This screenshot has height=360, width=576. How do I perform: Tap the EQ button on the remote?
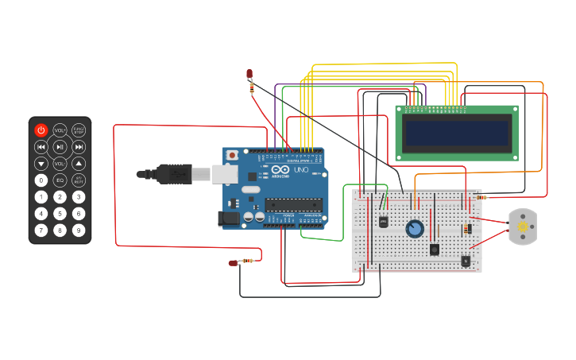pyautogui.click(x=60, y=180)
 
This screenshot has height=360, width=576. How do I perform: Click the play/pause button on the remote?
pyautogui.click(x=60, y=147)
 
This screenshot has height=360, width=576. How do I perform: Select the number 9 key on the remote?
pyautogui.click(x=79, y=230)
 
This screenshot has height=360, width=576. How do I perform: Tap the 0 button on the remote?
pyautogui.click(x=41, y=180)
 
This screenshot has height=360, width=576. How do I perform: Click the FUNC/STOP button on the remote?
pyautogui.click(x=79, y=130)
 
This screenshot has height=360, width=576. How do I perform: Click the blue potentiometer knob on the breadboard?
pyautogui.click(x=414, y=229)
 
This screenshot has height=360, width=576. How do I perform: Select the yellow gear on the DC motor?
pyautogui.click(x=523, y=227)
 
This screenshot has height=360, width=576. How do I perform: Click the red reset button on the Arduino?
pyautogui.click(x=232, y=155)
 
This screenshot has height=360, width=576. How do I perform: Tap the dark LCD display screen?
pyautogui.click(x=456, y=133)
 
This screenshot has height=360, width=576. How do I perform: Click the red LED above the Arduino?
pyautogui.click(x=249, y=74)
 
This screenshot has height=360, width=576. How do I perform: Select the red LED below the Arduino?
pyautogui.click(x=234, y=263)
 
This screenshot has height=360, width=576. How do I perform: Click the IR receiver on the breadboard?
pyautogui.click(x=384, y=222)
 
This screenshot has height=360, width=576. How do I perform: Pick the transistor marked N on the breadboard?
pyautogui.click(x=465, y=260)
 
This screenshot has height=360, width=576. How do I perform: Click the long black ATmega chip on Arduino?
pyautogui.click(x=293, y=204)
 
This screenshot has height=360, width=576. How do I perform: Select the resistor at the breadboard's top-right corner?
pyautogui.click(x=481, y=197)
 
